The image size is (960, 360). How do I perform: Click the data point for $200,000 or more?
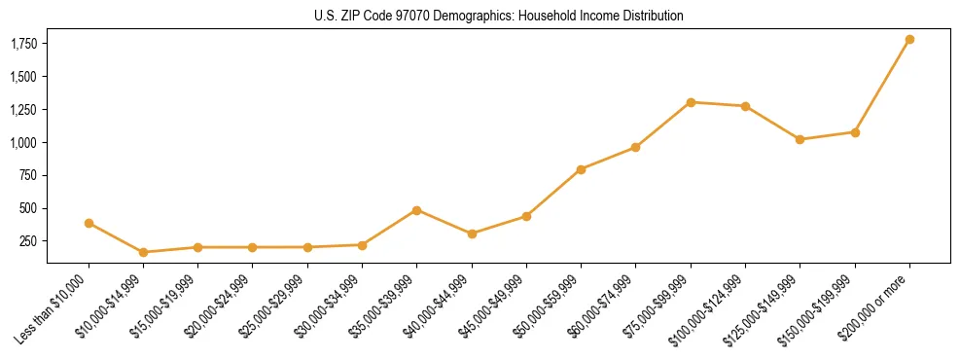coord(909,40)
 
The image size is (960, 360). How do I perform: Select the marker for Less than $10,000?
coord(89,223)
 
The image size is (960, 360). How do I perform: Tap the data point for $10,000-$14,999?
coord(143,252)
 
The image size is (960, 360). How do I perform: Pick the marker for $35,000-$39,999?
coord(416,210)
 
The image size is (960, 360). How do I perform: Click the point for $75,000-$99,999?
coord(691,102)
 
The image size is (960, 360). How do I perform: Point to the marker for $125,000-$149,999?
coord(800,139)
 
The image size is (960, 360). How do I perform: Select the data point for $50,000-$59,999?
coord(581,169)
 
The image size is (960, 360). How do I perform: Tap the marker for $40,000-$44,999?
coord(472,234)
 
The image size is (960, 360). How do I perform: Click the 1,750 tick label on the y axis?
coord(23,44)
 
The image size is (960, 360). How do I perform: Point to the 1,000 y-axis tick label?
coord(23,142)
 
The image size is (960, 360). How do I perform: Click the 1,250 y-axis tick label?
coord(23,110)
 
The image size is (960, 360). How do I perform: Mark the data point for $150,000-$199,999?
coord(855,132)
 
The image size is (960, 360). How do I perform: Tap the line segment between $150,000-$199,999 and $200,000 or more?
coord(882,86)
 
